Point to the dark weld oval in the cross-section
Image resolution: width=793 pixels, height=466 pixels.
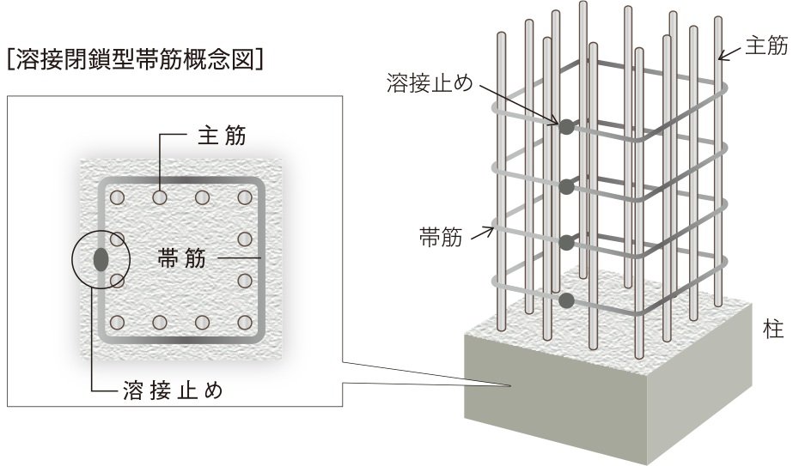click(101, 258)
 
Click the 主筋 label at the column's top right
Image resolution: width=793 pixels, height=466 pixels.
click(765, 47)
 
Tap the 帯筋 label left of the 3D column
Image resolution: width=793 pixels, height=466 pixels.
click(441, 237)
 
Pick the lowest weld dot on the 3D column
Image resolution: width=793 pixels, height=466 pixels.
click(566, 300)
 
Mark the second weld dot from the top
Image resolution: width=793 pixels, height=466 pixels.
click(565, 185)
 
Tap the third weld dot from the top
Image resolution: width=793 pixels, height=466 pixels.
click(566, 243)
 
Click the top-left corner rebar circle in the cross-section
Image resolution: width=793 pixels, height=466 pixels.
click(119, 198)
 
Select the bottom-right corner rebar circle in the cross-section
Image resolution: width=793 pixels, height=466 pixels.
click(245, 323)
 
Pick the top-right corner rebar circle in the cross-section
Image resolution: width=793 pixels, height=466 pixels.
click(245, 198)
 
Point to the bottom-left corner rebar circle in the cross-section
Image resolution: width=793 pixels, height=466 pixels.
click(119, 323)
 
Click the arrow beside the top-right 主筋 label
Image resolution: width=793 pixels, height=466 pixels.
click(728, 53)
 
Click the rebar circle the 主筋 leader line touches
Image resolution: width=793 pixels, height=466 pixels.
click(160, 198)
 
